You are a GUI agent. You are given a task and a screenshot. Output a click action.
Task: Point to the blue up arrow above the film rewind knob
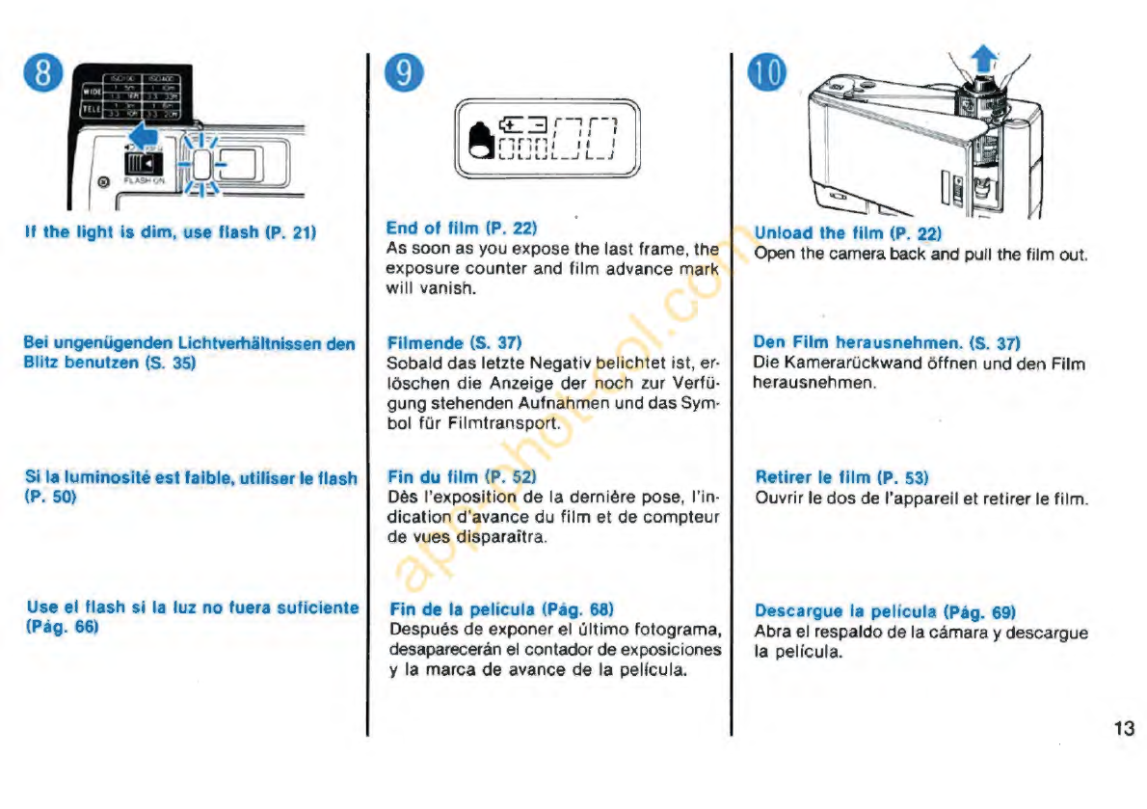pyautogui.click(x=983, y=61)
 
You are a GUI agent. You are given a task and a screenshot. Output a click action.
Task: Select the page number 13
pyautogui.click(x=1123, y=728)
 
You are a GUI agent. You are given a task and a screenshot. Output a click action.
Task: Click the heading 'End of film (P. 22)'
pyautogui.click(x=461, y=229)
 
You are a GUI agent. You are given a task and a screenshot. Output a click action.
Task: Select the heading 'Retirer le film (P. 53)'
pyautogui.click(x=841, y=477)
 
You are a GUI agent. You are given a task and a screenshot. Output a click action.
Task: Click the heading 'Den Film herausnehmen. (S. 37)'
pyautogui.click(x=886, y=342)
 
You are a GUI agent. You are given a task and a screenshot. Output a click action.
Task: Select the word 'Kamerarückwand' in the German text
pyautogui.click(x=844, y=364)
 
